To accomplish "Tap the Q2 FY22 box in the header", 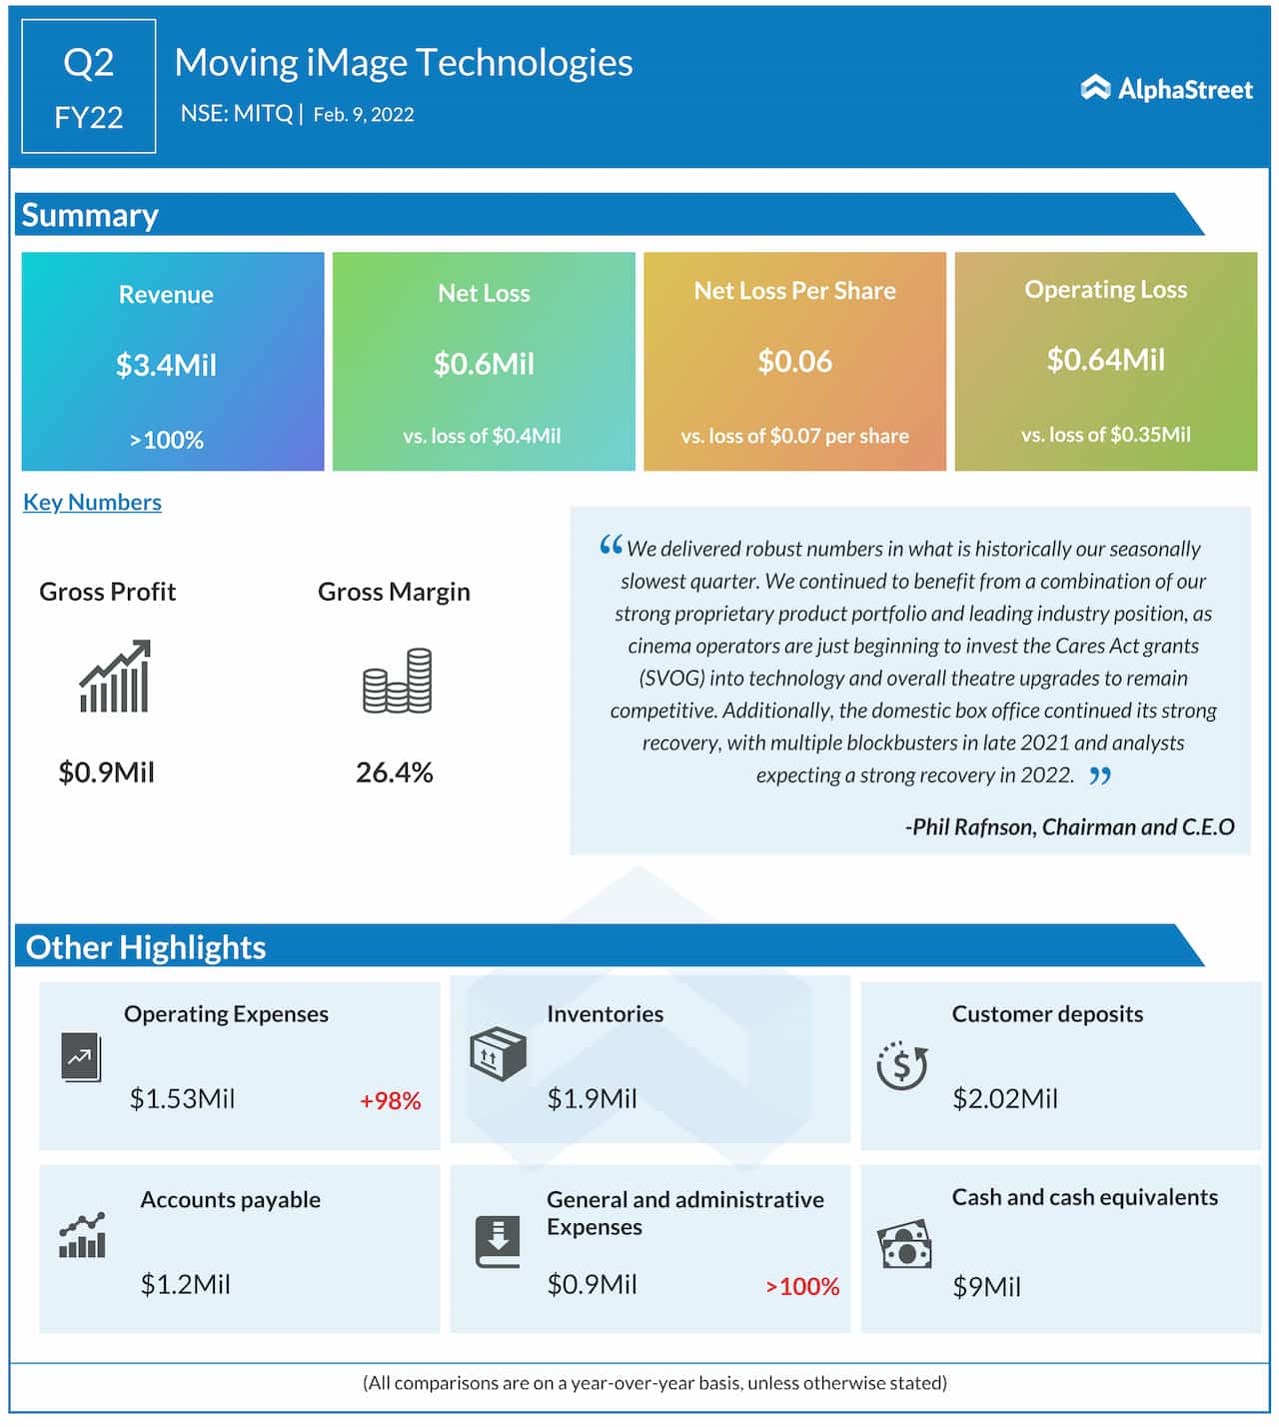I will coord(89,87).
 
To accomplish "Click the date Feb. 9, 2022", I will coord(364,115).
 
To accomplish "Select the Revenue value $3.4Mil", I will coord(166,365).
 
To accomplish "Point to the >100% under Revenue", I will coord(166,440).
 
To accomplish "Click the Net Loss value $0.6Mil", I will coord(484,364).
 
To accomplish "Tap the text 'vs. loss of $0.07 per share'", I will coord(794,436).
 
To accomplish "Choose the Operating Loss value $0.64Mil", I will coord(1105,360).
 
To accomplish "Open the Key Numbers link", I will coord(92,502).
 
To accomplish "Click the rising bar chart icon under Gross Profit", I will coord(115,677).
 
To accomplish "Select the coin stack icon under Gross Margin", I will coord(397,681).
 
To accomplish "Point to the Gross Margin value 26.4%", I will coord(395,772).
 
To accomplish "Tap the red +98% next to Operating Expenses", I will coord(390,1101).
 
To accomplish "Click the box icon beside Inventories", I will coord(498,1054).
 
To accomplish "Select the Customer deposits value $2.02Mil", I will coord(1004,1099).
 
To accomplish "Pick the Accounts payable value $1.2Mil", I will coord(185,1284).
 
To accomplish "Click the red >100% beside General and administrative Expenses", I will coord(802,1287).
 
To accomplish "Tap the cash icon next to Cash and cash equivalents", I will coord(904,1245).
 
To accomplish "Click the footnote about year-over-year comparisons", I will coord(654,1383).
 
